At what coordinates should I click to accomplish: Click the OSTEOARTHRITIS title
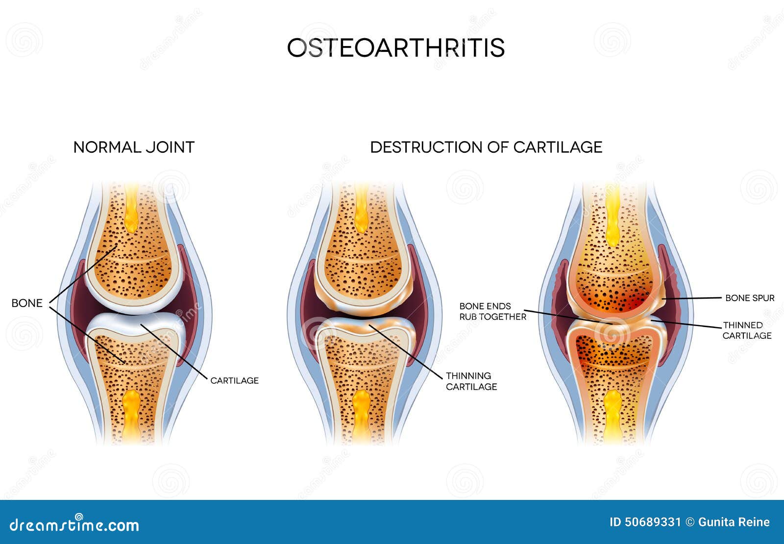tap(396, 47)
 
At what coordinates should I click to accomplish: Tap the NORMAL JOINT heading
tap(134, 147)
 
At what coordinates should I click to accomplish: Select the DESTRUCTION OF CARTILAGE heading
tap(486, 147)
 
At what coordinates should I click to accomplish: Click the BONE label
tap(27, 303)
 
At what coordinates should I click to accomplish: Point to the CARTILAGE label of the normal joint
tap(235, 380)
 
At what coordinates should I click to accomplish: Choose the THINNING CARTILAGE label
tap(471, 381)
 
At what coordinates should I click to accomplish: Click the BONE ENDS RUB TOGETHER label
tap(493, 311)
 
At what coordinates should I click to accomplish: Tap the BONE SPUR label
tap(750, 298)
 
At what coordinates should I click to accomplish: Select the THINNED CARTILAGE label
tap(747, 331)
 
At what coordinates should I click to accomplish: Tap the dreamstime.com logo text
tap(74, 525)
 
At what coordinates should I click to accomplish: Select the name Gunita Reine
tap(734, 522)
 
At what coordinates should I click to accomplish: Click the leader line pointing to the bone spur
tap(691, 298)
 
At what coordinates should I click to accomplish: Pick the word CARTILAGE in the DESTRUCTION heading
tap(558, 147)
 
